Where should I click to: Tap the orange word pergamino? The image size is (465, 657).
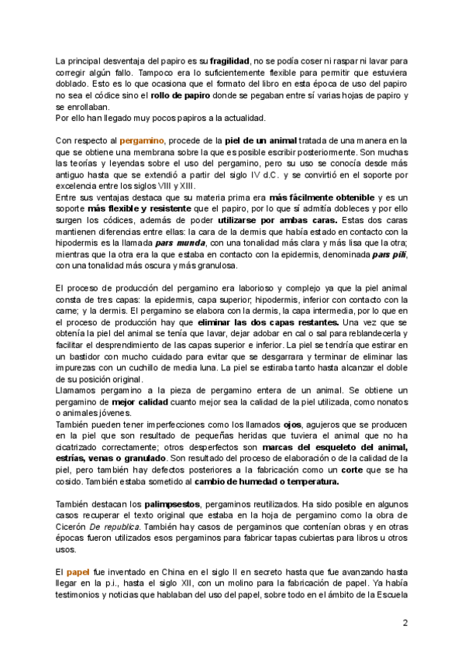tap(142, 140)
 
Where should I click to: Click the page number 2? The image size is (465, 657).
tap(405, 623)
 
